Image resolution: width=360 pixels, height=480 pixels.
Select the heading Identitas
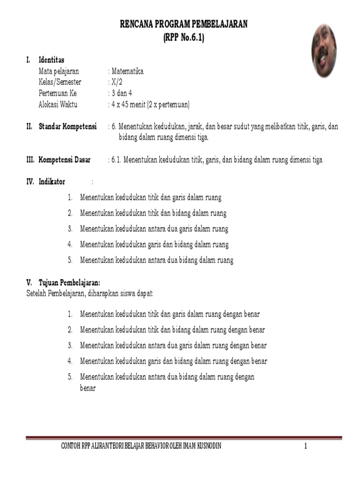52,60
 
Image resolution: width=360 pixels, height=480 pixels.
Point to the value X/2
116,82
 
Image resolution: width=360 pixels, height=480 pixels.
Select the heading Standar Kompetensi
67,127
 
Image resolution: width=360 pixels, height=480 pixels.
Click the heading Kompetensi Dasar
65,160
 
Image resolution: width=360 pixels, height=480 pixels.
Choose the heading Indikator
52,182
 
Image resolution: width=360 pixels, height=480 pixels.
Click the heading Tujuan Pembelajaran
69,282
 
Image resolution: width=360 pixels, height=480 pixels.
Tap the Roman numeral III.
30,160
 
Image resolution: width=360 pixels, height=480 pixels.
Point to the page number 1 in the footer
305,446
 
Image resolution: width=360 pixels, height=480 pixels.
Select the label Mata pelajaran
59,71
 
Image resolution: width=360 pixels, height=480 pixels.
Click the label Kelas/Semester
60,82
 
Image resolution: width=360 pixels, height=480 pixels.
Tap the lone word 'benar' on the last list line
88,388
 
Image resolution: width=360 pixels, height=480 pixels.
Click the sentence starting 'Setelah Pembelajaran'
90,293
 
